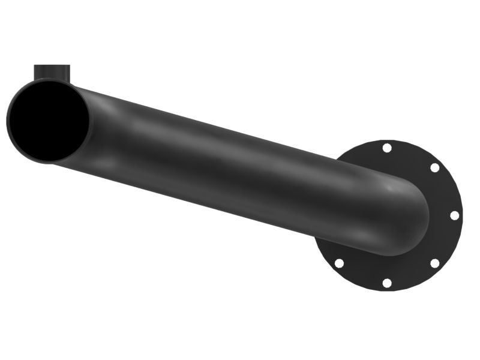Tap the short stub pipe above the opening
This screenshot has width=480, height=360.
point(52,73)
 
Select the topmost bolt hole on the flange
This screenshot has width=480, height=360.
point(387,148)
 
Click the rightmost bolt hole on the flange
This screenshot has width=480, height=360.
point(454,215)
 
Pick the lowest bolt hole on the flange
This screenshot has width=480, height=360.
point(387,283)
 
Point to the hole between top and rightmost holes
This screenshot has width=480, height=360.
point(434,167)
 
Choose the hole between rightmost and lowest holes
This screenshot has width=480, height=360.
point(434,263)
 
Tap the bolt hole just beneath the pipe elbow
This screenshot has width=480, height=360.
point(339,263)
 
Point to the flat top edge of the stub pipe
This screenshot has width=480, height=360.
point(52,65)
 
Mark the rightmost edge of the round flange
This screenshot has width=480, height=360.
point(463,215)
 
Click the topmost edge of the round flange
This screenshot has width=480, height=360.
point(390,139)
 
